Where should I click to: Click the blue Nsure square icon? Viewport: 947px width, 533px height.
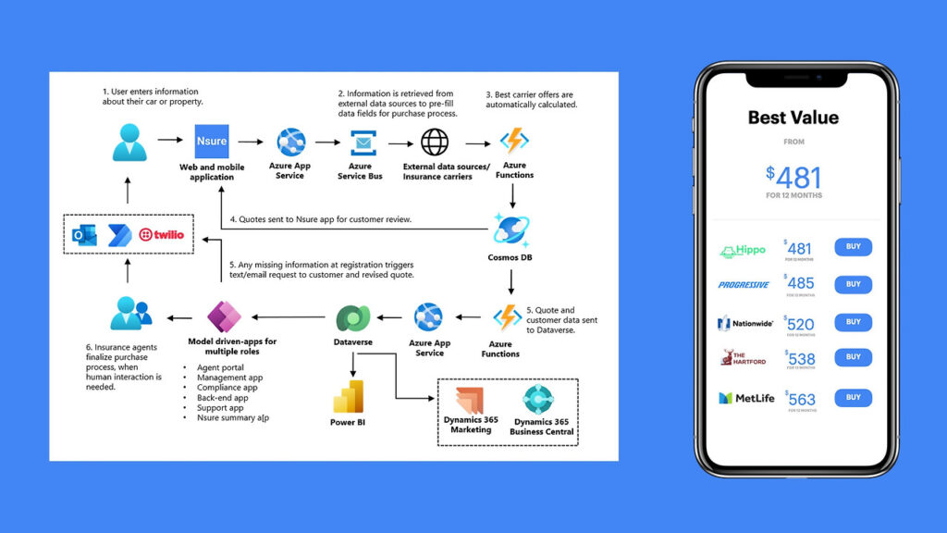click(x=212, y=142)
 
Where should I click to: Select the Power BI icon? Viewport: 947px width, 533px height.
click(x=349, y=396)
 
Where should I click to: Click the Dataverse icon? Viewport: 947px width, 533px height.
click(x=352, y=318)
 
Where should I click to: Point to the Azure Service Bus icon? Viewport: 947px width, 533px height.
click(x=361, y=143)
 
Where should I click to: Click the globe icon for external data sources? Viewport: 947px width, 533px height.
click(x=435, y=142)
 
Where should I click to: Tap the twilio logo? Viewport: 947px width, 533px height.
click(x=161, y=235)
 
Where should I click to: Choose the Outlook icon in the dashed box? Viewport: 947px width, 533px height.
click(x=85, y=235)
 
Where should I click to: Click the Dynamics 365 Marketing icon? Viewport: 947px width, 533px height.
click(x=471, y=399)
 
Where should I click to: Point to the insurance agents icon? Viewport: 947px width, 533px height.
click(x=129, y=314)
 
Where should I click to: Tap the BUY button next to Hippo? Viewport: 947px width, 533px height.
click(x=853, y=247)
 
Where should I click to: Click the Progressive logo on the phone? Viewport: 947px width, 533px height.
click(x=744, y=285)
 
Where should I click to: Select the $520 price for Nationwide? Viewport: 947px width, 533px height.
click(x=799, y=323)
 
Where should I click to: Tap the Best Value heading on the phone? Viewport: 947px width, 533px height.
click(x=793, y=118)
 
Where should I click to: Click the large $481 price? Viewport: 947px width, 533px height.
click(x=793, y=177)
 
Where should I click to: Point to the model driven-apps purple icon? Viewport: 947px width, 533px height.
click(x=224, y=318)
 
